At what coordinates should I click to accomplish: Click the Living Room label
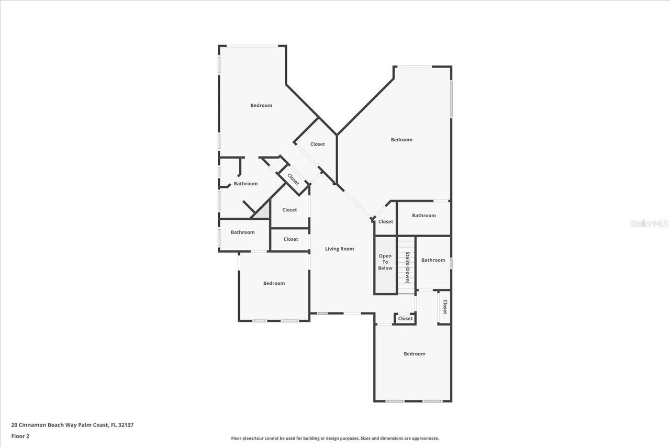[x=340, y=249]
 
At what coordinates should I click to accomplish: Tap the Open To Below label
[x=385, y=262]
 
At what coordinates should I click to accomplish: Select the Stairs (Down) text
[x=407, y=267]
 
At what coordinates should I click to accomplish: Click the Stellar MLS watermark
[x=649, y=223]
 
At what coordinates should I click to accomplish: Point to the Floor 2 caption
[x=20, y=435]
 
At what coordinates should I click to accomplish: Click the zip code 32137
[x=126, y=425]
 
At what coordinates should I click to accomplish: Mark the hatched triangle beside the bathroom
[x=263, y=210]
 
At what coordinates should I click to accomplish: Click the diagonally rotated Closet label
[x=293, y=179]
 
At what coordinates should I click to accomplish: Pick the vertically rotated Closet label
[x=444, y=307]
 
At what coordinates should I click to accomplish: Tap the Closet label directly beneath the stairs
[x=405, y=318]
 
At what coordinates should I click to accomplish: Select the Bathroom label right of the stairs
[x=433, y=260]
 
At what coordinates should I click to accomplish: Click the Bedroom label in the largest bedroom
[x=401, y=140]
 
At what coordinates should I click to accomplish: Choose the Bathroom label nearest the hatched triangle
[x=245, y=184]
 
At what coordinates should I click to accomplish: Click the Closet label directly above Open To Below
[x=386, y=221]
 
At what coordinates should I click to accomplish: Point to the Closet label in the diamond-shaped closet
[x=317, y=144]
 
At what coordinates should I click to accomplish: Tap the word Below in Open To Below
[x=385, y=268]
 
